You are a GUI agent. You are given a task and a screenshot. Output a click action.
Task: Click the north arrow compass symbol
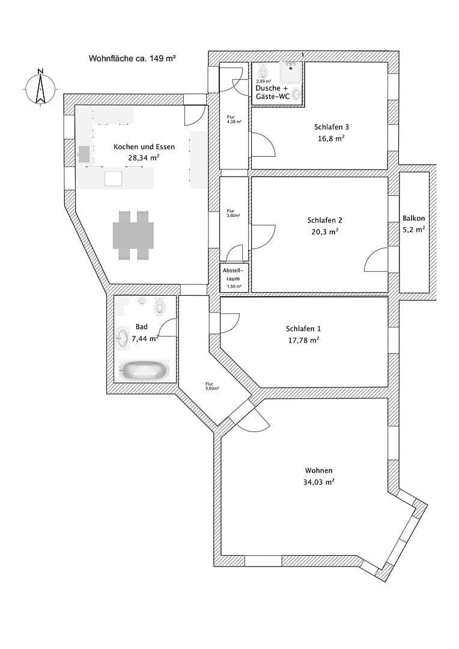coord(40,88)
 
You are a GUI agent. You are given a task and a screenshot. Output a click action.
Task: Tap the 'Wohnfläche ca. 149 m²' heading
coord(132,58)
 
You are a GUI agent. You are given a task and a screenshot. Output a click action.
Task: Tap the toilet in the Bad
coord(160,308)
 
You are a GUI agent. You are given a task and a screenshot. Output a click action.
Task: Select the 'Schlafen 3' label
coord(331,127)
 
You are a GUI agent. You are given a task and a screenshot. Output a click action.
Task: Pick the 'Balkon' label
coord(414,218)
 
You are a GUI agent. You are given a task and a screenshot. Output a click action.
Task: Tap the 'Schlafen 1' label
coord(303,329)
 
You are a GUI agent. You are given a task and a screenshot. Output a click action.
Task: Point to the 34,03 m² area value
coord(318,482)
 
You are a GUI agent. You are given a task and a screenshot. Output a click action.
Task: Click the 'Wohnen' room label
coord(318,471)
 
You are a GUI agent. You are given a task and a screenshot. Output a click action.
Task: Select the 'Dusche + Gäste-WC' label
coord(276,92)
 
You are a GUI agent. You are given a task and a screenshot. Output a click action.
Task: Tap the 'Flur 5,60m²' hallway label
coord(209,386)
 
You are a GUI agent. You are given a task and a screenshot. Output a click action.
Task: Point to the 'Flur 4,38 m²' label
coord(234,120)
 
